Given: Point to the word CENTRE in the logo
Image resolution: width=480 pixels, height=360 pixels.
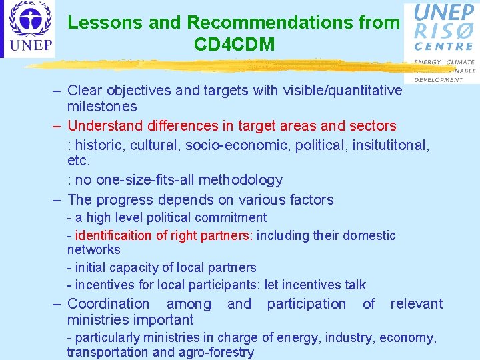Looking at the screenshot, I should [x=444, y=47].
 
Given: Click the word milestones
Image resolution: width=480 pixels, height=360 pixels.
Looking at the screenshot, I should [x=102, y=107].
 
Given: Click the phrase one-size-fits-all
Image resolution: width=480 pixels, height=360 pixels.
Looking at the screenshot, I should [x=151, y=180].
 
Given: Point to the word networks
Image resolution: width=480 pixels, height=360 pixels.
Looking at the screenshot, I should [x=93, y=250].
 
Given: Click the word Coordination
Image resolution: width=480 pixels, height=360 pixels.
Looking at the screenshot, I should [x=109, y=304].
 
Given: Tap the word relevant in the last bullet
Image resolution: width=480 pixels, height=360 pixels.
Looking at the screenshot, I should [x=416, y=304].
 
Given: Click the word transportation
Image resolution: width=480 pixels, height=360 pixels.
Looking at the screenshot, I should [x=107, y=353].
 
